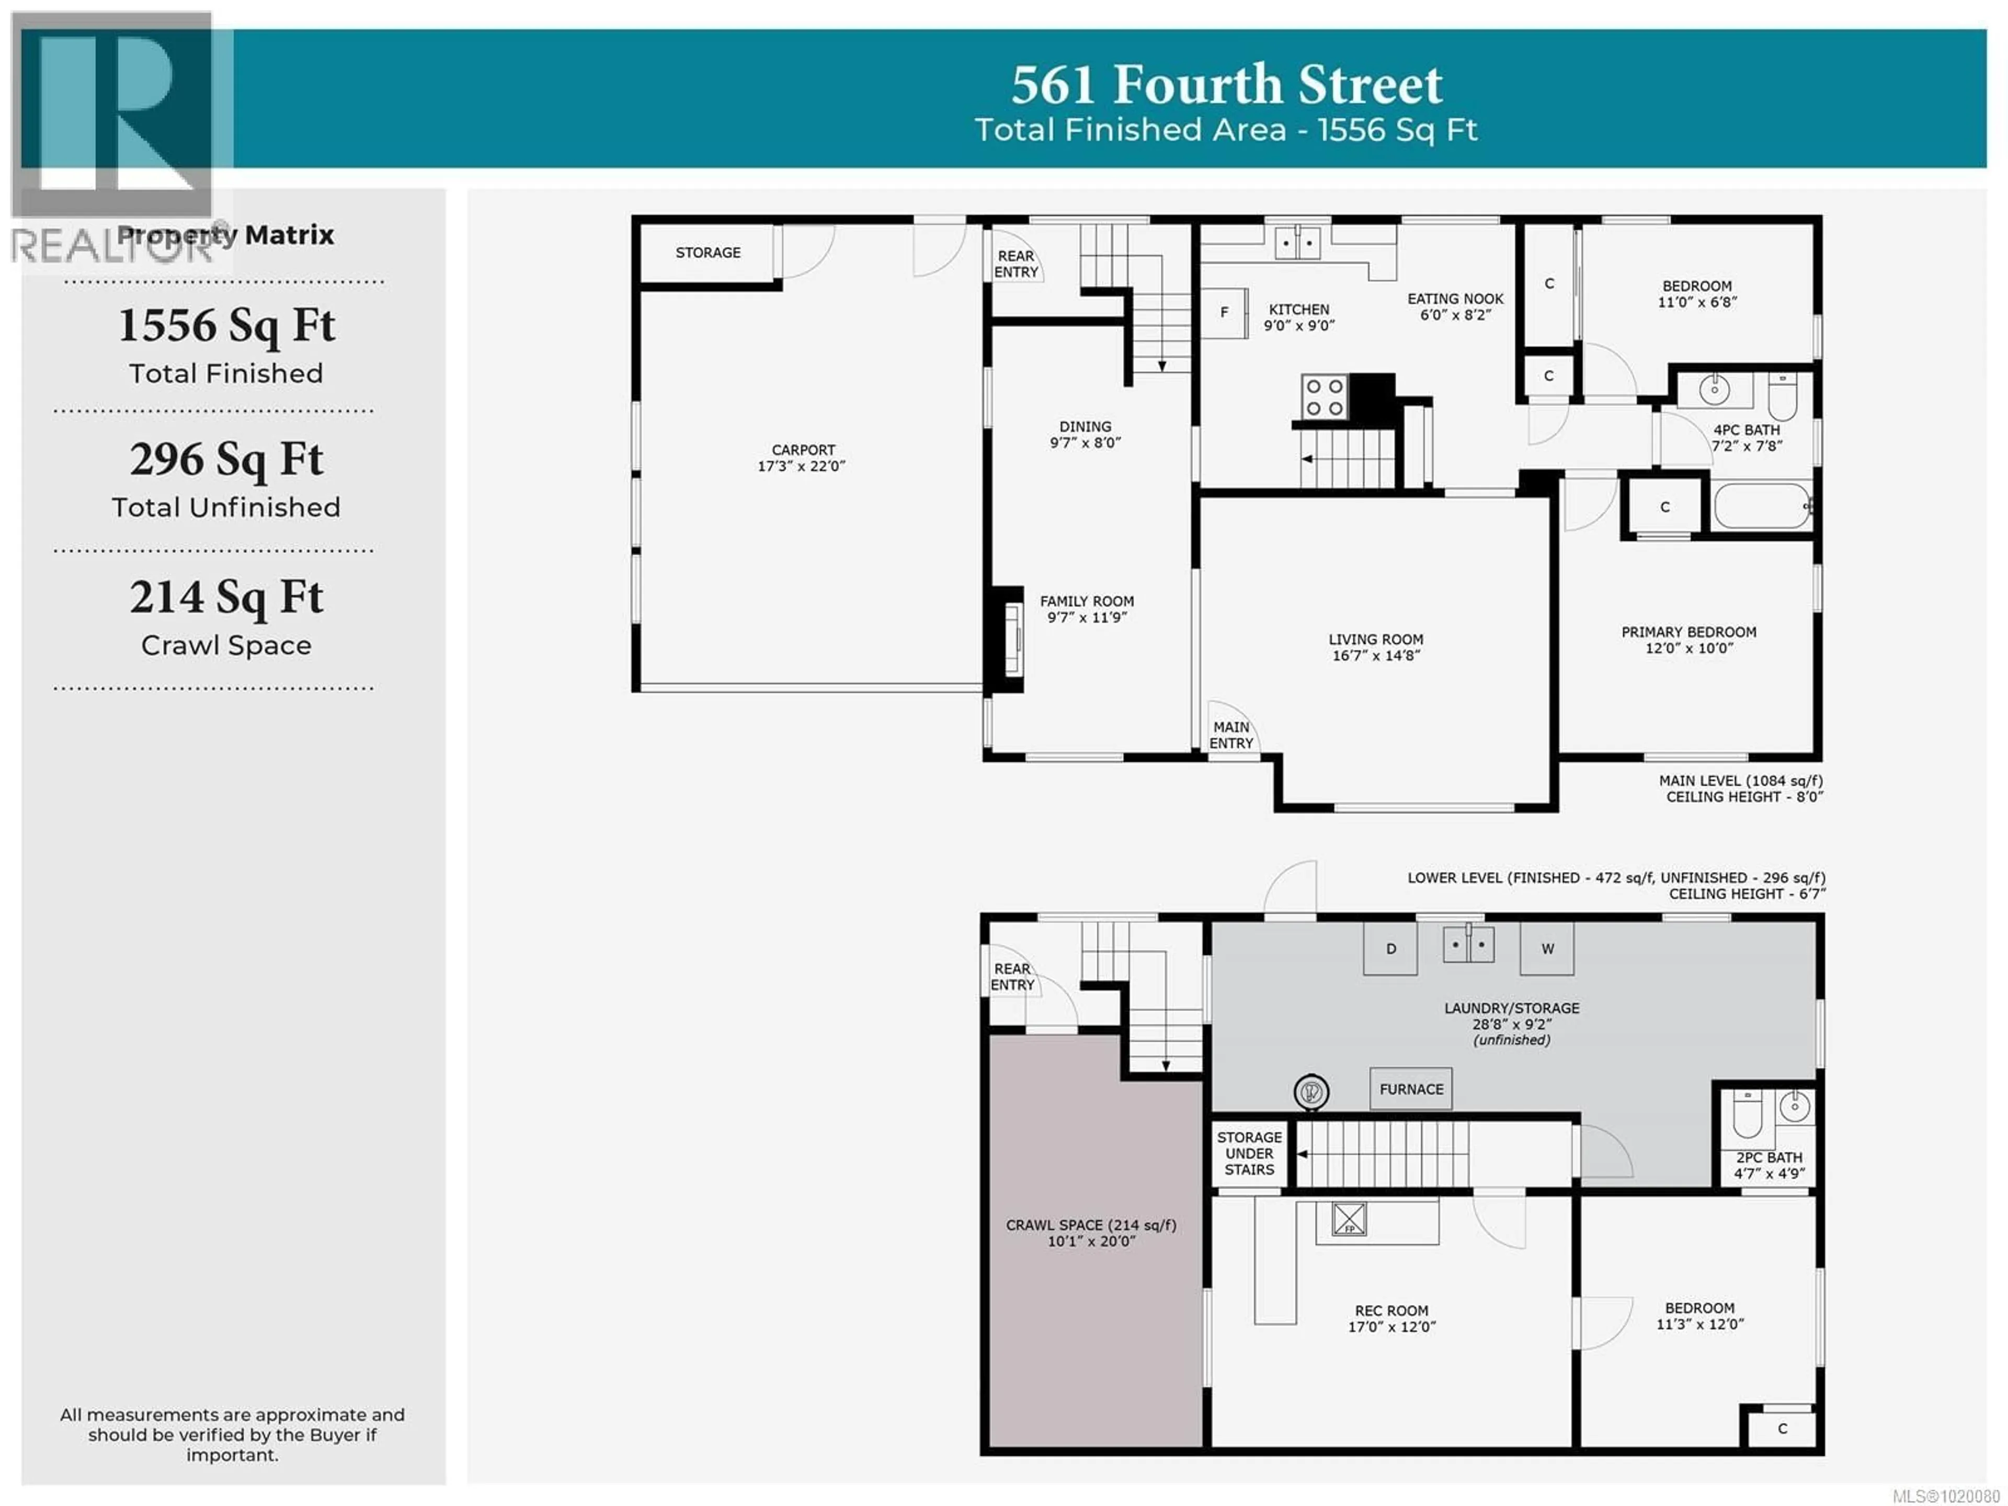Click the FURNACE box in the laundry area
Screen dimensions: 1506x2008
click(1411, 1088)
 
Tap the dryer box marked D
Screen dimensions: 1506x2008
click(1390, 949)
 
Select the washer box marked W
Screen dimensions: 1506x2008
click(1547, 949)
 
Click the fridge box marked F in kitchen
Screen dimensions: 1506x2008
click(1224, 312)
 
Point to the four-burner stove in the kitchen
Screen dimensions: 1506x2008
click(1324, 397)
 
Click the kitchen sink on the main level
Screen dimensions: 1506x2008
click(1297, 243)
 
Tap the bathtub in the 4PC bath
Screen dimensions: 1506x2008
click(1761, 506)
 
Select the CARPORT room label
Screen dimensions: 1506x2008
click(803, 450)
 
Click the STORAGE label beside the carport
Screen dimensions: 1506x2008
click(707, 253)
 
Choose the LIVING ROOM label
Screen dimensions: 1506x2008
click(1375, 639)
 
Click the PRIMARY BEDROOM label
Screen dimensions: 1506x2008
click(1688, 632)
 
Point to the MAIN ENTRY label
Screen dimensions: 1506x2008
click(1231, 734)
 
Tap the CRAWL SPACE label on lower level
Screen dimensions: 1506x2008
click(1090, 1225)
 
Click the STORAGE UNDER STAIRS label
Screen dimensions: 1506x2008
click(1249, 1153)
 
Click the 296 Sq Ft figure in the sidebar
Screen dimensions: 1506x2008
click(226, 459)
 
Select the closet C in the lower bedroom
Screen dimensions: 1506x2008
click(1782, 1428)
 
